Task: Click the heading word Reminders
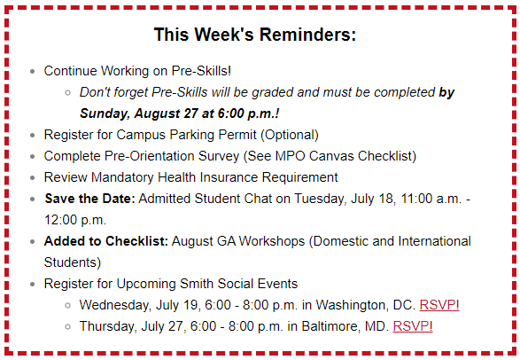[307, 35]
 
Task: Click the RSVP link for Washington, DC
[439, 305]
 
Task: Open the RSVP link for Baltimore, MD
[413, 326]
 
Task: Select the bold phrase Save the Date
[89, 199]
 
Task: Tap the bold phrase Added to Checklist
[106, 241]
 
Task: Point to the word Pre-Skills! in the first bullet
[201, 71]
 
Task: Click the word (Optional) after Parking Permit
[290, 135]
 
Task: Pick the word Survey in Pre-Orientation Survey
[219, 156]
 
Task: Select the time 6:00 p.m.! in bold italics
[248, 113]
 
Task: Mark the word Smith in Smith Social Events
[197, 284]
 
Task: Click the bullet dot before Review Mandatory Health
[32, 178]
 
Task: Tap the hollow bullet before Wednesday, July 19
[67, 306]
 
